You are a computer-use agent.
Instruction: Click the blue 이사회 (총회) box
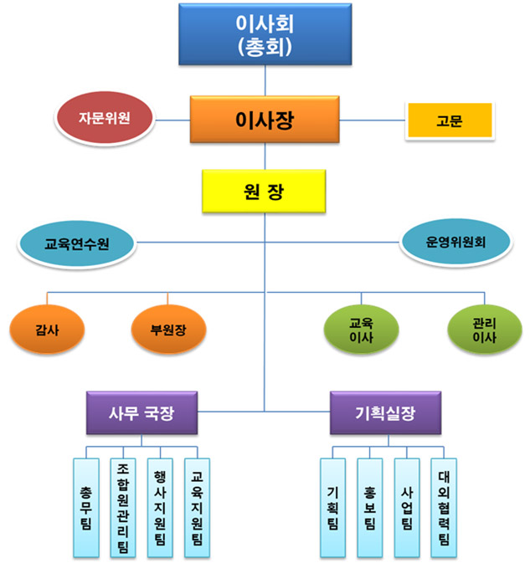(265, 34)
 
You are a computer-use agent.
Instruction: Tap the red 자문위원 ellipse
(105, 118)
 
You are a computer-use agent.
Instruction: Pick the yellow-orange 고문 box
(448, 120)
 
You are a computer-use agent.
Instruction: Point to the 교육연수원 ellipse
(78, 244)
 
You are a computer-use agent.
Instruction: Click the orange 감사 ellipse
(48, 328)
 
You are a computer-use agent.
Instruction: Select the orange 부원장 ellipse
(168, 328)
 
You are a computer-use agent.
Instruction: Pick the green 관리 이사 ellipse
(484, 330)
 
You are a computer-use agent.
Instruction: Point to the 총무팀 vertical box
(86, 508)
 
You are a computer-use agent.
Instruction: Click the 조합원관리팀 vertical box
(123, 508)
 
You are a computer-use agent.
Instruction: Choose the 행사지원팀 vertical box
(160, 508)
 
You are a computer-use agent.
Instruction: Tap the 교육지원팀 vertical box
(197, 508)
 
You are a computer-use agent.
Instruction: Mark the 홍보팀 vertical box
(370, 508)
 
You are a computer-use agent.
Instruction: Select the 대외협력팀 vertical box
(444, 508)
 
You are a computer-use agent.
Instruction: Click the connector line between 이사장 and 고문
(373, 120)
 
